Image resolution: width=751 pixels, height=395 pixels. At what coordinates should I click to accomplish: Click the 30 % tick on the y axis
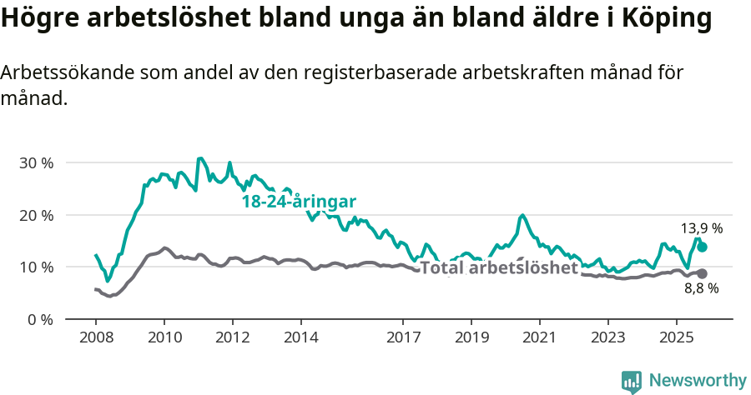pos(36,162)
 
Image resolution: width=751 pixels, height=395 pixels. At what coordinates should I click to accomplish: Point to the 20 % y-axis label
pos(36,215)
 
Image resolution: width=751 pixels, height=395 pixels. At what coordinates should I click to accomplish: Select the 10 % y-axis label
pos(36,267)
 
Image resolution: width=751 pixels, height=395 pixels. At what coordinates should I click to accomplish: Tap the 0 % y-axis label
pos(39,319)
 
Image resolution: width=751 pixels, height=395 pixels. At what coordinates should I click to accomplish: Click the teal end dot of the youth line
pos(703,247)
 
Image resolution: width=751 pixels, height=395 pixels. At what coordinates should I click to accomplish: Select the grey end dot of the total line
pos(703,273)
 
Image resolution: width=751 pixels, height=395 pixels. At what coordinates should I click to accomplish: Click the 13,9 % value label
pos(702,227)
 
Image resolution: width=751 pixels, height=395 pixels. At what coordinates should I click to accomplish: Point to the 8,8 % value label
pos(701,289)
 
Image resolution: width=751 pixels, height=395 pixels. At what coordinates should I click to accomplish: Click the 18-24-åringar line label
pos(299,202)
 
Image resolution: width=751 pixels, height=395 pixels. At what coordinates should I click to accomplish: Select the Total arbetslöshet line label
pos(498,268)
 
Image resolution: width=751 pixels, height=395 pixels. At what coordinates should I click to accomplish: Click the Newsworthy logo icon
pos(632,381)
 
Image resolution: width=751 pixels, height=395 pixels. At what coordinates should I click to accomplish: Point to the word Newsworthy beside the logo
pos(698,381)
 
